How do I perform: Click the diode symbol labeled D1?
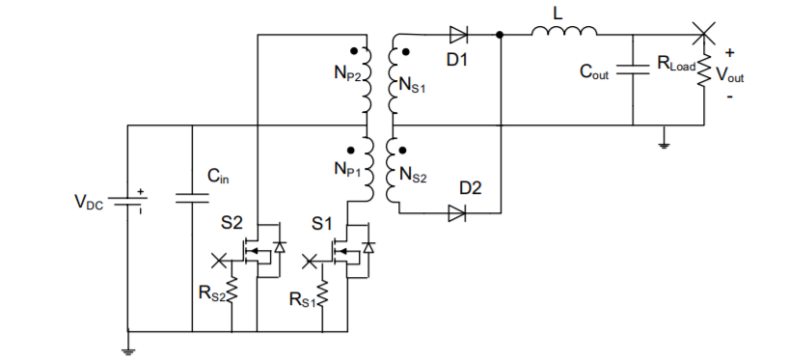(x=458, y=36)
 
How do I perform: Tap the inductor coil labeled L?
(x=565, y=35)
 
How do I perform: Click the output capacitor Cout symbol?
(x=633, y=69)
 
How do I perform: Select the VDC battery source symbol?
(x=127, y=202)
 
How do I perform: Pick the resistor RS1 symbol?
(x=324, y=294)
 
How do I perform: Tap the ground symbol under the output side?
(x=664, y=144)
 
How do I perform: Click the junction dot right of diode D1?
(x=500, y=36)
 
